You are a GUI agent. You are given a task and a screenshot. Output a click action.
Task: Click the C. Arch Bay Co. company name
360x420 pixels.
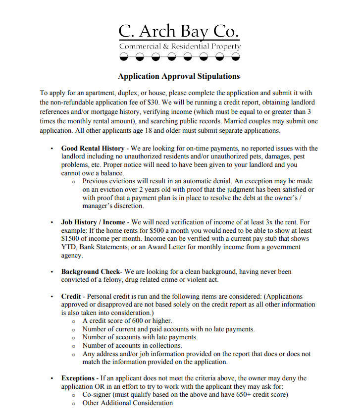179,31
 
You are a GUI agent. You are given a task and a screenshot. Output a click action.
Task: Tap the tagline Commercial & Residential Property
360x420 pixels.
180,47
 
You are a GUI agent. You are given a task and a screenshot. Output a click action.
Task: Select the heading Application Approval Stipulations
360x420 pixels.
179,76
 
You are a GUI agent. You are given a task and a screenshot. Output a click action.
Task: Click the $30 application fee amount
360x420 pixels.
152,102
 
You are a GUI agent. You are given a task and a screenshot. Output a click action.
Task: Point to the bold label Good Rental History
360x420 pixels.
93,148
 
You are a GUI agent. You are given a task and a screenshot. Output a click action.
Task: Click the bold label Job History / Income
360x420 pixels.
93,222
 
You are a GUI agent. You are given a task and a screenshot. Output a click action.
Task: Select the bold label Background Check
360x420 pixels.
91,272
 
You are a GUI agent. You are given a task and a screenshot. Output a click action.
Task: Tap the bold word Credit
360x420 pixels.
71,296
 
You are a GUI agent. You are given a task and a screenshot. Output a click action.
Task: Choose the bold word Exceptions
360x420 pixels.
77,378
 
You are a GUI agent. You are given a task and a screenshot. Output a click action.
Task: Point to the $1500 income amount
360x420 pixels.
71,239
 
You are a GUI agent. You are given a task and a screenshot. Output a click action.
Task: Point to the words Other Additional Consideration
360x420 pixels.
128,403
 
